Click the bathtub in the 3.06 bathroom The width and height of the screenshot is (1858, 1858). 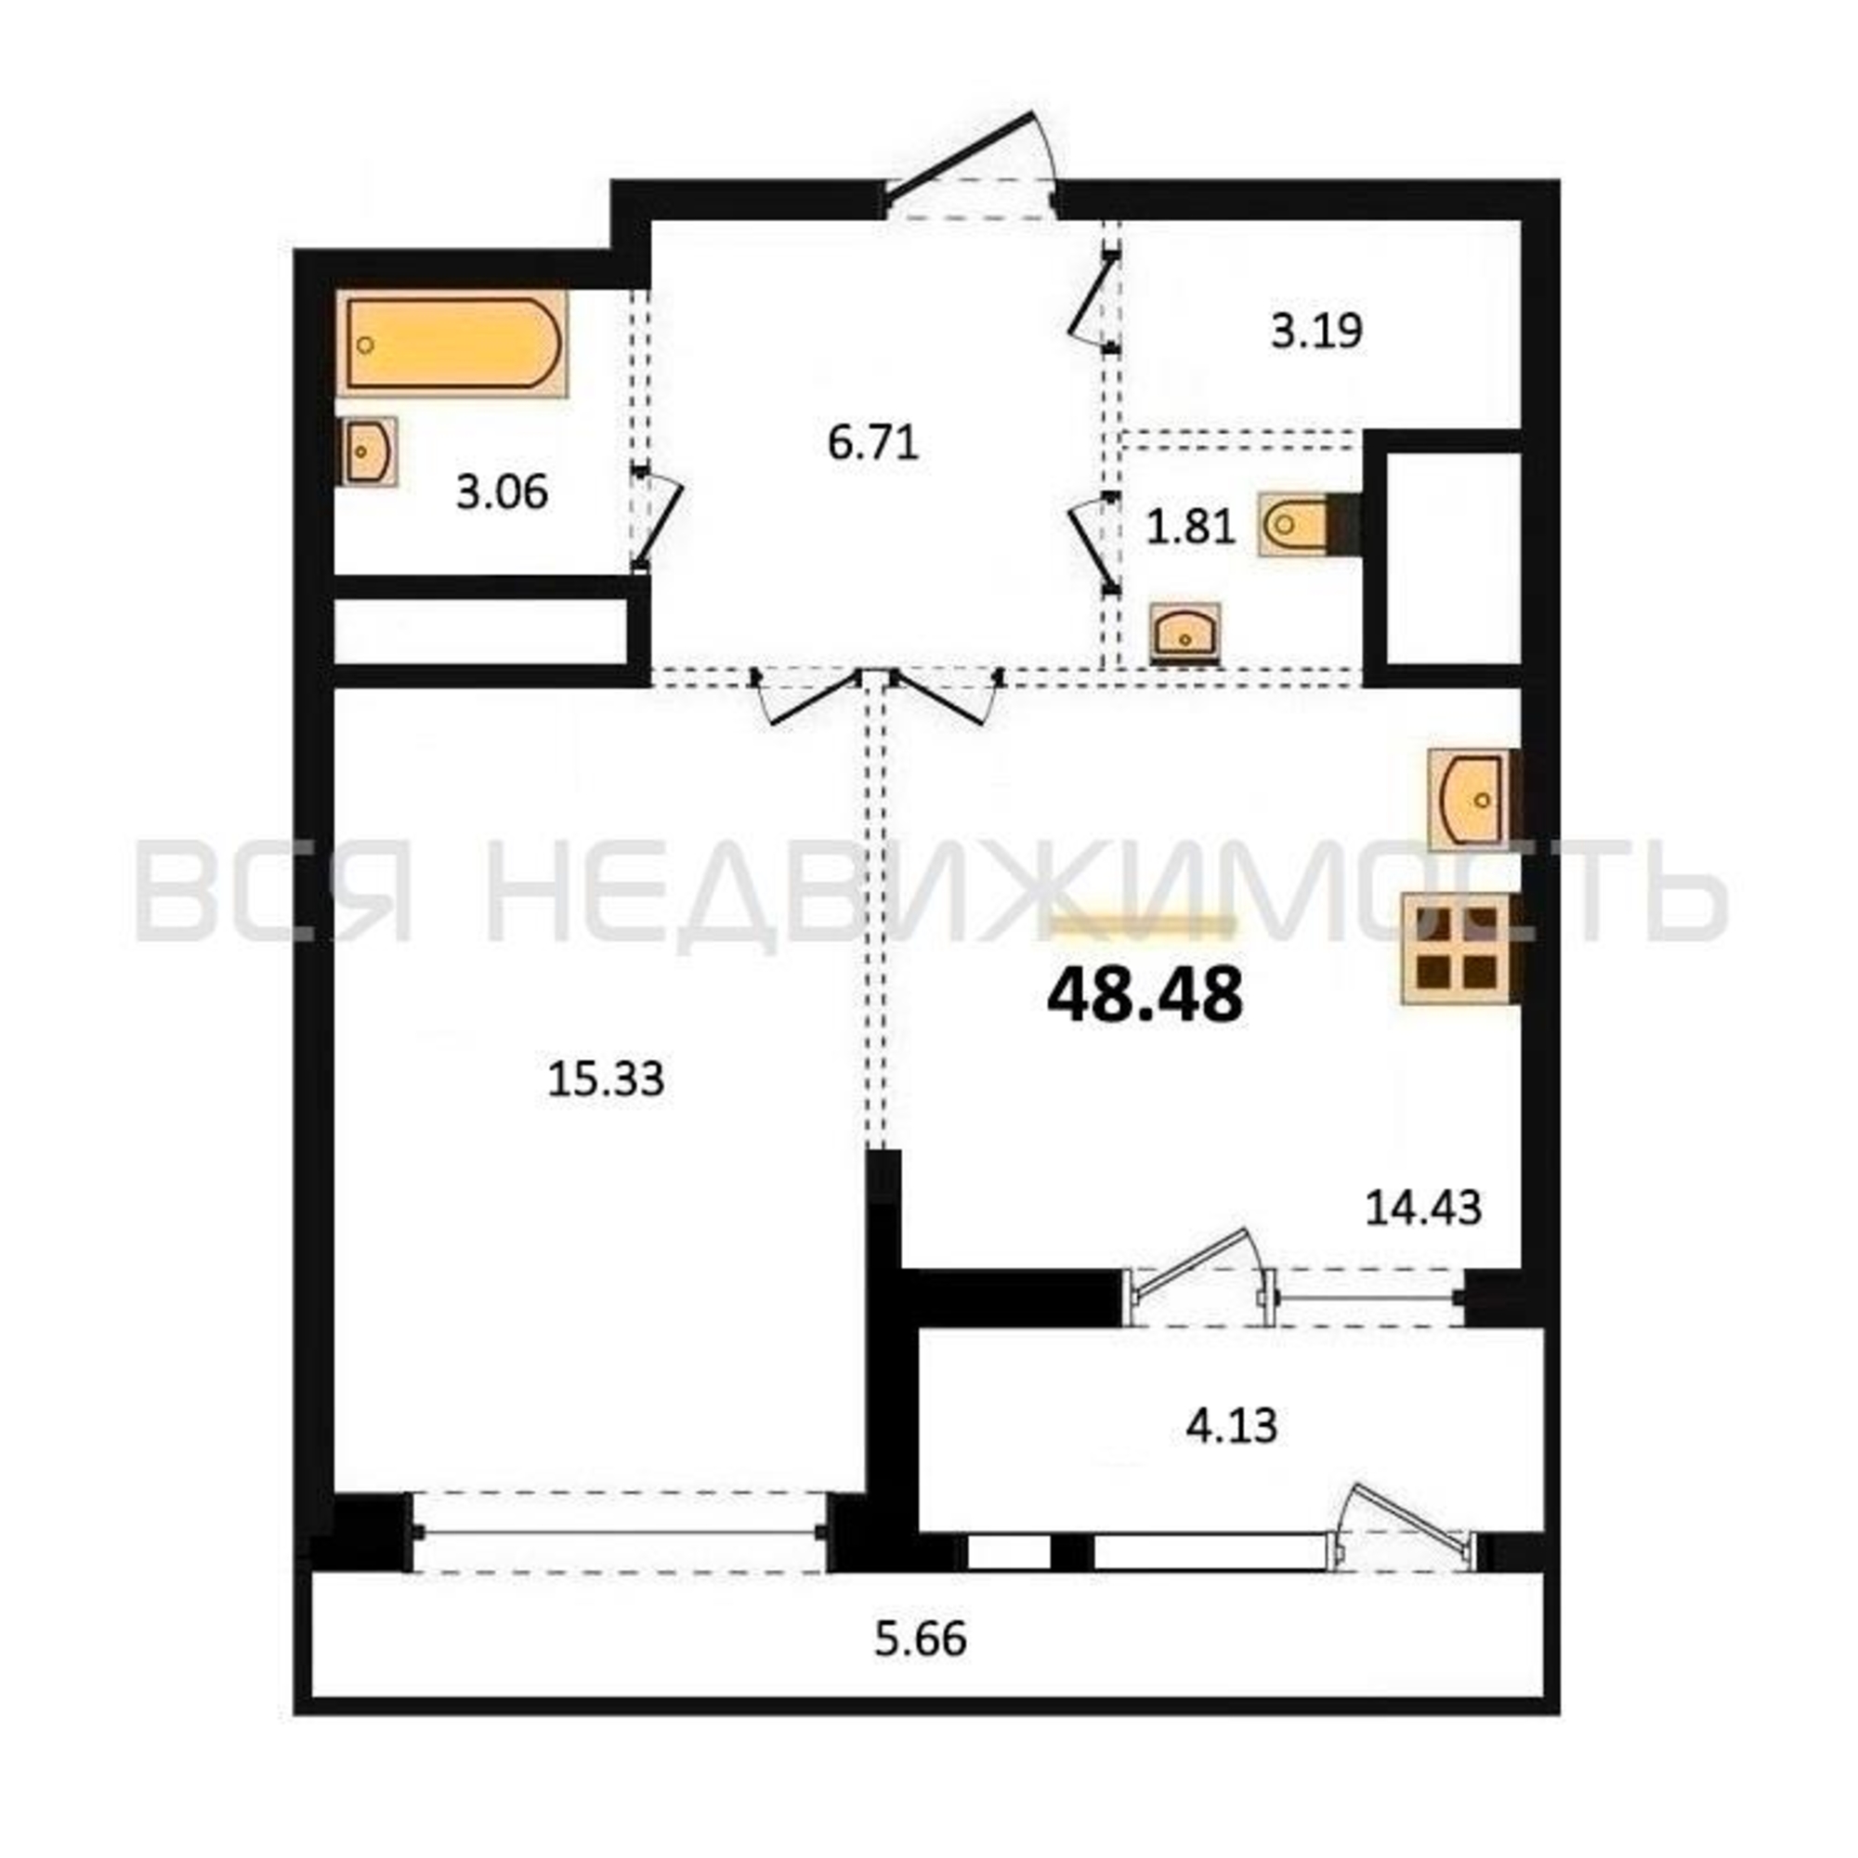coord(452,344)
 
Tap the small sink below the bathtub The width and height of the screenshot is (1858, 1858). coord(368,451)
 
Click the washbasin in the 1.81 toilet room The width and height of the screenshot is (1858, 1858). coord(1185,634)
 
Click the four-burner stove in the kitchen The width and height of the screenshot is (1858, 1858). coord(1460,949)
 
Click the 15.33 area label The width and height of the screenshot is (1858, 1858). coord(606,1079)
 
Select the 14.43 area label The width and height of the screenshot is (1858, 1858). coord(1423,1208)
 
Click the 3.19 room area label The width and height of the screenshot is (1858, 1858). coord(1316,332)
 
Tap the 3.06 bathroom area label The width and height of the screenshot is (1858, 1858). coord(502,492)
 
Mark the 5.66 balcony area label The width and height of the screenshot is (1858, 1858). coord(921,1639)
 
